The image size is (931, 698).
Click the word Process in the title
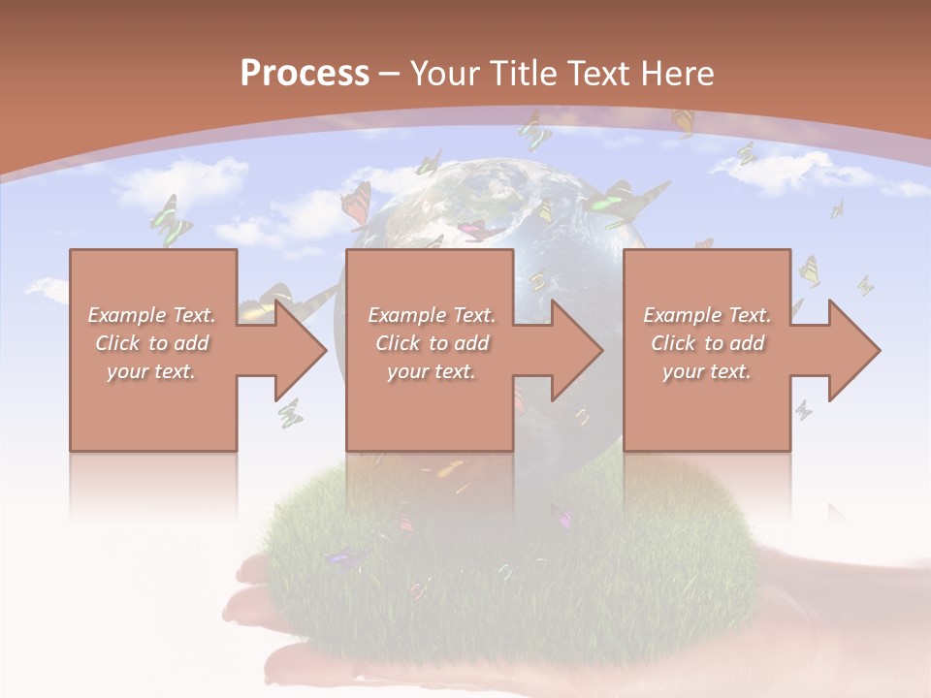tap(305, 74)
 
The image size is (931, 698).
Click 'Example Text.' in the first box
tap(152, 315)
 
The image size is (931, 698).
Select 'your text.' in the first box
tap(151, 371)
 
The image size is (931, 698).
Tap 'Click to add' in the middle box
tap(432, 343)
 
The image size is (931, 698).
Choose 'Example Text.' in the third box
tap(707, 315)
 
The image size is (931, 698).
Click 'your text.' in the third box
tap(707, 371)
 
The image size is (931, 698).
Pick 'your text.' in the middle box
tap(431, 371)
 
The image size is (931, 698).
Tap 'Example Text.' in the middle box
tap(432, 315)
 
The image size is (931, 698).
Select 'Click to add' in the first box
tap(152, 343)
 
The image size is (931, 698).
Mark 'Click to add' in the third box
tap(707, 343)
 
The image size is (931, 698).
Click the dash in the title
tap(390, 74)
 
